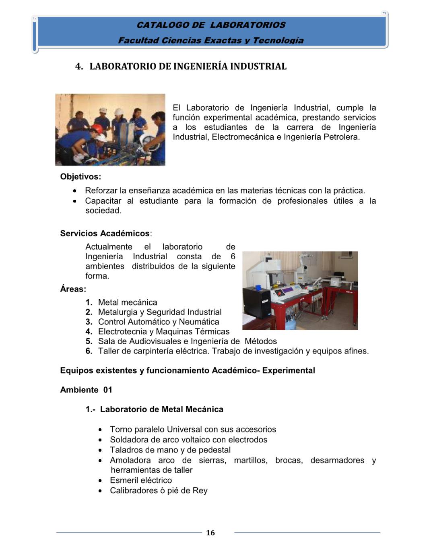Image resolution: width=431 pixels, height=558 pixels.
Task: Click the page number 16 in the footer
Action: pyautogui.click(x=210, y=533)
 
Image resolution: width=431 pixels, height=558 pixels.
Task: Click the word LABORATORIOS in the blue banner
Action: pyautogui.click(x=247, y=25)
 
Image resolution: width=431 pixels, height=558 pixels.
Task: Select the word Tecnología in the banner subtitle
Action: pyautogui.click(x=278, y=40)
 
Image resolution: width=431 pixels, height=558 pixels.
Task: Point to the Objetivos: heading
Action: pyautogui.click(x=80, y=176)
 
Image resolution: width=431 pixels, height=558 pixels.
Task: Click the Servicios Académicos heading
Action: pyautogui.click(x=105, y=234)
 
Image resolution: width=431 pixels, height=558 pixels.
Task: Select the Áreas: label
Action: pyautogui.click(x=73, y=289)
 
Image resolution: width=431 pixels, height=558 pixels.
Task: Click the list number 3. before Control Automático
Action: pyautogui.click(x=89, y=322)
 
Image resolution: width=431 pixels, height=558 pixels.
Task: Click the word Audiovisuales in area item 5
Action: pyautogui.click(x=155, y=341)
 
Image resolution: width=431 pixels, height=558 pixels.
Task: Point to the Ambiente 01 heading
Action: pyautogui.click(x=86, y=390)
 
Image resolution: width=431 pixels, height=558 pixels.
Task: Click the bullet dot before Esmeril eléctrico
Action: pyautogui.click(x=100, y=481)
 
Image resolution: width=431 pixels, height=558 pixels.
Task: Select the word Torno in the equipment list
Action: pyautogui.click(x=122, y=429)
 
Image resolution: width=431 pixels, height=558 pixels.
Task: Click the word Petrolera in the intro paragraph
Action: pyautogui.click(x=341, y=137)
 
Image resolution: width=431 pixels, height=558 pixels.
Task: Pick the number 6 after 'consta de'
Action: pyautogui.click(x=233, y=256)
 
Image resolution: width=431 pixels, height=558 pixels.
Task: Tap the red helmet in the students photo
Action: pyautogui.click(x=96, y=128)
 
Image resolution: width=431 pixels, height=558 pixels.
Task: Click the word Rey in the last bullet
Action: pyautogui.click(x=200, y=490)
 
